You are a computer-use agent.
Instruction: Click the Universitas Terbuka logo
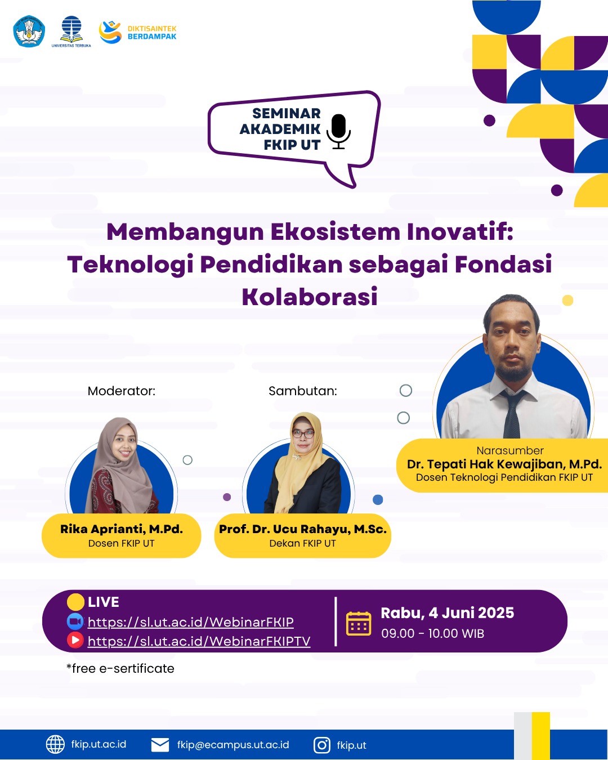[x=71, y=32]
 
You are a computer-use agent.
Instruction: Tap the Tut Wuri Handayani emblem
[x=29, y=31]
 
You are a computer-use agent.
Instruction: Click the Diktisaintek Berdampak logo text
[x=152, y=33]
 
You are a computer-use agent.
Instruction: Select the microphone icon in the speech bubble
[x=338, y=131]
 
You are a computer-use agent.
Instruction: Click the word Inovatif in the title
[x=460, y=232]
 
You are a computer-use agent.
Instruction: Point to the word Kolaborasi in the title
[x=310, y=297]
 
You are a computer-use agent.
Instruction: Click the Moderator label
[x=122, y=391]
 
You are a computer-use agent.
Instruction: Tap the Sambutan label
[x=303, y=391]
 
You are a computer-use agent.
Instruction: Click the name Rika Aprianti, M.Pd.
[x=122, y=529]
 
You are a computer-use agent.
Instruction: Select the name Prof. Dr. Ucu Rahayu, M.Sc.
[x=303, y=529]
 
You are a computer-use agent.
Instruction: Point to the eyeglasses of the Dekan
[x=303, y=433]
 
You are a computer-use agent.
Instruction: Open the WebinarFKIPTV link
[x=199, y=641]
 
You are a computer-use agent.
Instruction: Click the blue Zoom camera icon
[x=75, y=622]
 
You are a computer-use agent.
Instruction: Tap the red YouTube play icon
[x=75, y=640]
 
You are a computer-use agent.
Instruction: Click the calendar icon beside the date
[x=358, y=624]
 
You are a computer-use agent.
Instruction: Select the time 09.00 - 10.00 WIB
[x=432, y=633]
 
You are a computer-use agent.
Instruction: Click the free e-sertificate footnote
[x=120, y=669]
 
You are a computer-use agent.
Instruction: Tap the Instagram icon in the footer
[x=322, y=745]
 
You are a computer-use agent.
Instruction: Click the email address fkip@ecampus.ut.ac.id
[x=233, y=745]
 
